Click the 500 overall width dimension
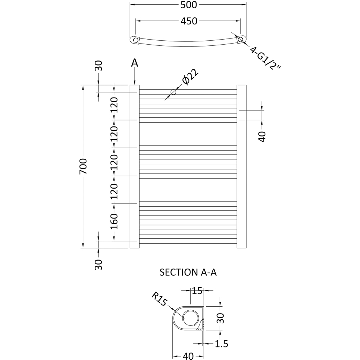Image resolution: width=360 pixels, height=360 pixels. click(x=189, y=5)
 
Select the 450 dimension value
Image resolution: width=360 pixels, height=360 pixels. click(x=189, y=21)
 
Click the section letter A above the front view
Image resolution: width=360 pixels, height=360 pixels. click(x=134, y=63)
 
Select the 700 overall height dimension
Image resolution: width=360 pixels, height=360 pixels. click(x=83, y=166)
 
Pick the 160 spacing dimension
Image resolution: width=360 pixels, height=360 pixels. click(x=114, y=221)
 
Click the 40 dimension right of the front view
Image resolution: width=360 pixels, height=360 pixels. click(x=262, y=136)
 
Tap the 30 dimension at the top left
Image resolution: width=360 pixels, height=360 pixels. click(x=98, y=66)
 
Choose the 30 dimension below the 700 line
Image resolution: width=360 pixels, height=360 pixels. click(x=98, y=264)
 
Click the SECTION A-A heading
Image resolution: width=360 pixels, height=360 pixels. click(x=188, y=273)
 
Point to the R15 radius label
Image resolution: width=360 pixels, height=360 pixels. click(x=159, y=299)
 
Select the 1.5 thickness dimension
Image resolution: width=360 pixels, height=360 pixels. click(x=221, y=344)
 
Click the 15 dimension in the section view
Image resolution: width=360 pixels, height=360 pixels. click(x=197, y=291)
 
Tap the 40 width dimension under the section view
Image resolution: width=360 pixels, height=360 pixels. click(x=188, y=356)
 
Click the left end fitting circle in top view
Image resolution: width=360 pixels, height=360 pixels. click(x=136, y=40)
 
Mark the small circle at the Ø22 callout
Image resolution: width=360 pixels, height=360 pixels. click(x=173, y=92)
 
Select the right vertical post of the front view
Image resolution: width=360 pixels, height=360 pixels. click(x=242, y=166)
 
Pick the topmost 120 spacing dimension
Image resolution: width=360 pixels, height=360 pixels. click(x=114, y=105)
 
